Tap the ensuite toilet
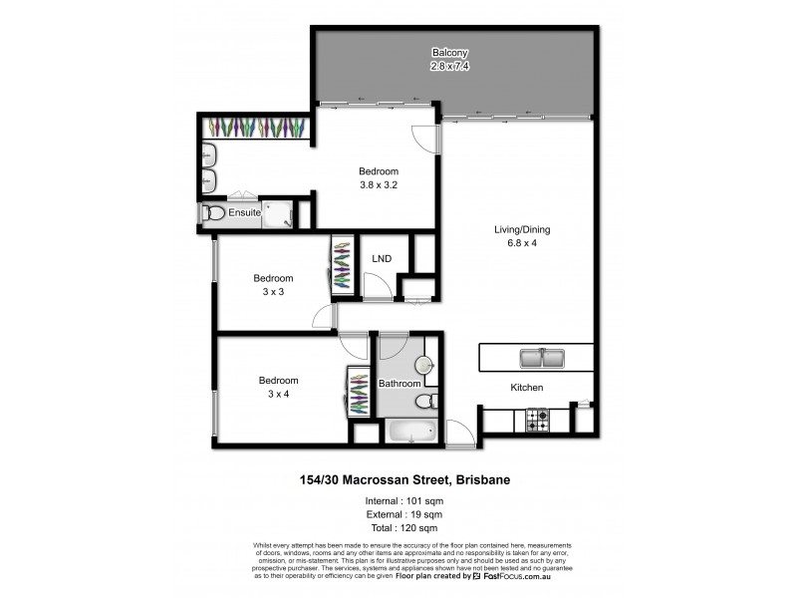[x=212, y=213]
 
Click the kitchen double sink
[x=542, y=356]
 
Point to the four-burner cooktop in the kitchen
[x=538, y=421]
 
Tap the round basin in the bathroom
[x=425, y=366]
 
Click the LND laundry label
[x=382, y=259]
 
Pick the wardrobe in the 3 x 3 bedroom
[x=342, y=264]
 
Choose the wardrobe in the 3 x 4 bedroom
[x=359, y=392]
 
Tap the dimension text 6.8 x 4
[x=522, y=243]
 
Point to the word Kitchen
[x=527, y=388]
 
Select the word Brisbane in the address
[x=481, y=480]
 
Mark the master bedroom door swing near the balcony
[x=425, y=140]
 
